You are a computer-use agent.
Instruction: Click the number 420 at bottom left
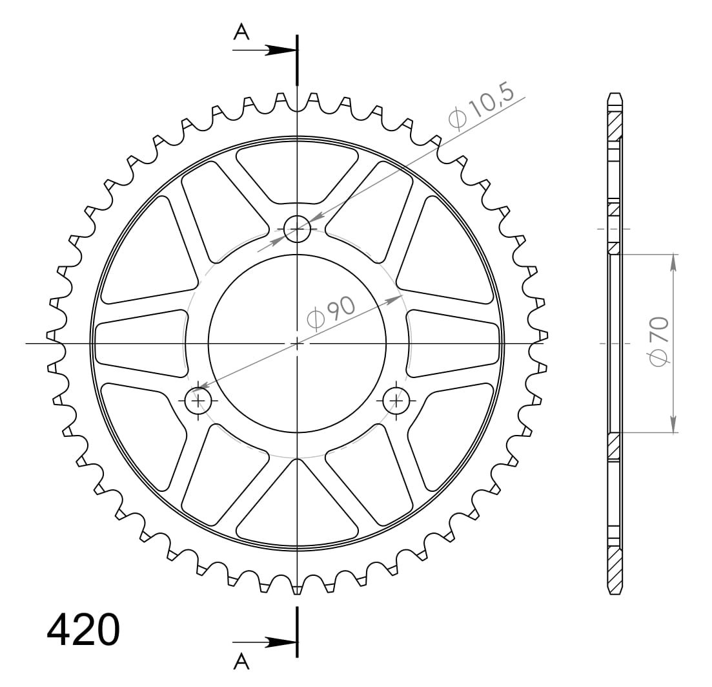[x=83, y=629]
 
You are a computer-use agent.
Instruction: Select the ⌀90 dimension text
[x=331, y=313]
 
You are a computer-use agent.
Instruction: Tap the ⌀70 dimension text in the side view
[x=659, y=343]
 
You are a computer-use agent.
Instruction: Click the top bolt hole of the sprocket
[x=297, y=229]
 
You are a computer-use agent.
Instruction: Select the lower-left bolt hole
[x=198, y=401]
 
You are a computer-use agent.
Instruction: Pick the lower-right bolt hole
[x=396, y=401]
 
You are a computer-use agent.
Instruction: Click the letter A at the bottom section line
[x=241, y=660]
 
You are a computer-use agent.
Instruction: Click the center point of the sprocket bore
[x=297, y=343]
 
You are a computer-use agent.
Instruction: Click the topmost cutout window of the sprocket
[x=297, y=169]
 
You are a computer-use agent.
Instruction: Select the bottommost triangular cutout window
[x=297, y=511]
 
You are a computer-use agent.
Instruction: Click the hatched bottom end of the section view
[x=614, y=569]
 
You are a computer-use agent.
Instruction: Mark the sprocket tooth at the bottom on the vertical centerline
[x=297, y=587]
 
